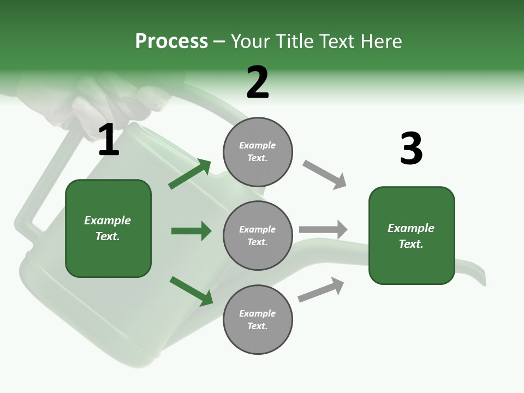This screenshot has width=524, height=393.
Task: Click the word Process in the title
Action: [x=171, y=41]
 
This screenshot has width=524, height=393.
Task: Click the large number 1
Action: [x=109, y=140]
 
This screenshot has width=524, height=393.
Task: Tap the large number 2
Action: [x=258, y=83]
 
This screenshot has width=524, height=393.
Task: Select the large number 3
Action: [x=411, y=149]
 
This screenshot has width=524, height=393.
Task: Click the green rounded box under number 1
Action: [x=108, y=228]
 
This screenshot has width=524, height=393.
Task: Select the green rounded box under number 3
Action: [x=412, y=236]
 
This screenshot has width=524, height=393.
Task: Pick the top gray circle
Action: [x=258, y=152]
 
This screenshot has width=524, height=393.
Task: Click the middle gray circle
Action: [x=258, y=235]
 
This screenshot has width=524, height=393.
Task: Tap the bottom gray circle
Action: [x=258, y=319]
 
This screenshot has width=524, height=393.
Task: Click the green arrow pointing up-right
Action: [x=189, y=174]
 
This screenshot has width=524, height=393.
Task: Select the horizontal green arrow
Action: [x=191, y=231]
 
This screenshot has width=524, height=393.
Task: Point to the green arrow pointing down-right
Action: [x=191, y=291]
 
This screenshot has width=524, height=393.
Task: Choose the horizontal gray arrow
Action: [x=323, y=229]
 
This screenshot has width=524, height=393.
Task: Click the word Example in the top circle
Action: [x=257, y=145]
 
